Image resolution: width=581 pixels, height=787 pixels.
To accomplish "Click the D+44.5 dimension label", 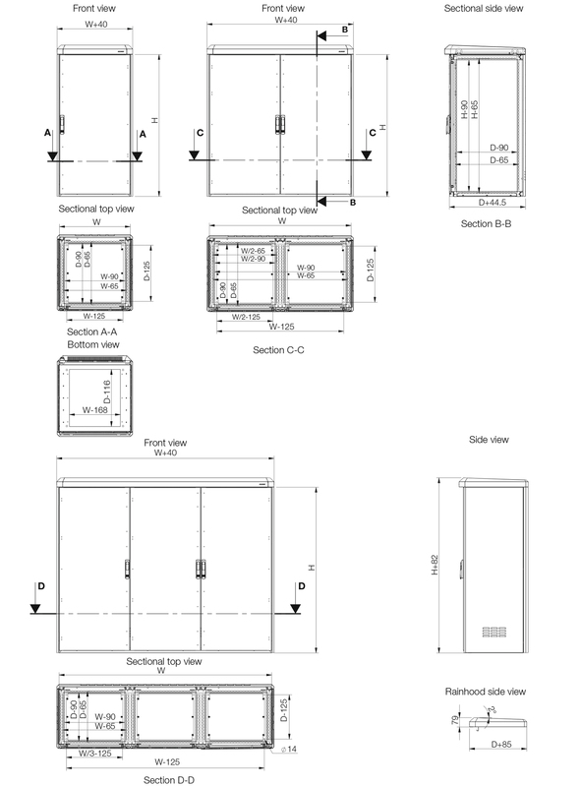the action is point(493,203).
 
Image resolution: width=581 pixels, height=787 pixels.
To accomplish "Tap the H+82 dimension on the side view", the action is point(435,565).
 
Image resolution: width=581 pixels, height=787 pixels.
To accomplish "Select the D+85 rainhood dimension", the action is point(501,745).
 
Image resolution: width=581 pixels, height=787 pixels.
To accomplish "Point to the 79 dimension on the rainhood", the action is point(455,720).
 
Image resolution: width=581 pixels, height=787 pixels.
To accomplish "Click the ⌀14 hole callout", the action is point(289,750).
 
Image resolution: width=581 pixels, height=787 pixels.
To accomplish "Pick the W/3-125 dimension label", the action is point(94,753).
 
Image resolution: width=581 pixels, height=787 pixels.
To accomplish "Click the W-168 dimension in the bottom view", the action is point(94,409).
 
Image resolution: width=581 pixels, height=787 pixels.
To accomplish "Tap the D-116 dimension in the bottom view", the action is point(106,392).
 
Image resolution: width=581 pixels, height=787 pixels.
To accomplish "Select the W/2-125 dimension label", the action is point(246,317).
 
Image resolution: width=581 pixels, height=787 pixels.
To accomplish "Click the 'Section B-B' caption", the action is point(486,224).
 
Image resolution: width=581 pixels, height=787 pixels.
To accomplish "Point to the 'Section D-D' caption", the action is point(168,780).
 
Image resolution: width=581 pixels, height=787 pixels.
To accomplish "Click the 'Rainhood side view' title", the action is point(486,692).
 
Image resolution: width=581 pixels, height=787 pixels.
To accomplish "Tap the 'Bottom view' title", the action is point(93,344).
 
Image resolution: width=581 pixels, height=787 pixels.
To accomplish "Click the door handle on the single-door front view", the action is point(62,124).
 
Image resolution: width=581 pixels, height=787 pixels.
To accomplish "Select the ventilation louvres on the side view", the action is point(494,632).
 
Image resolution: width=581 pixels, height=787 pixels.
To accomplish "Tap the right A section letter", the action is point(143,134).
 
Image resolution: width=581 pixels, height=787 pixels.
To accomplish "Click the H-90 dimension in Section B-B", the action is point(464,109).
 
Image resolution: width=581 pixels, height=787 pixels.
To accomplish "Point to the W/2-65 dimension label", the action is point(253,251).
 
